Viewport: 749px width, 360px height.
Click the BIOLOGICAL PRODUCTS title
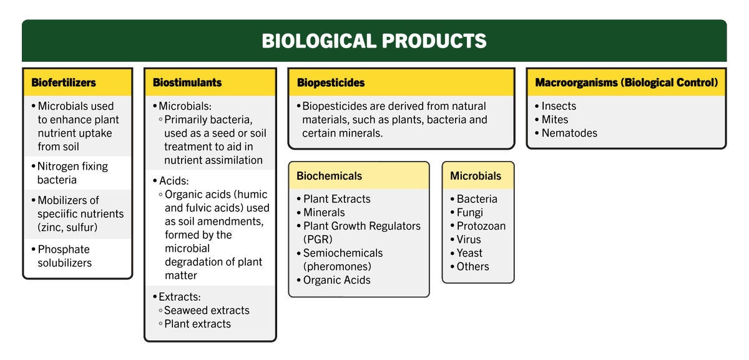click(x=374, y=41)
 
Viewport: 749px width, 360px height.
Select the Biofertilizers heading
click(x=64, y=82)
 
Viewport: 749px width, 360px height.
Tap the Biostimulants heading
click(x=187, y=82)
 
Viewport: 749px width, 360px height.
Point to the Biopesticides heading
click(x=331, y=82)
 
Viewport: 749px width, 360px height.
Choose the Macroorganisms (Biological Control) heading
click(x=627, y=82)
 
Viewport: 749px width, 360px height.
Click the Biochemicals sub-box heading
click(x=329, y=176)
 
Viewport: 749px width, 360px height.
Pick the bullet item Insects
click(x=559, y=106)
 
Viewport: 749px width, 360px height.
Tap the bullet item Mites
click(x=555, y=120)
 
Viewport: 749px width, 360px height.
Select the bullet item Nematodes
click(x=569, y=133)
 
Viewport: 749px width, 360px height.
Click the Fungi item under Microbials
click(x=469, y=213)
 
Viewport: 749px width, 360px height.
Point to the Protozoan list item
click(x=481, y=226)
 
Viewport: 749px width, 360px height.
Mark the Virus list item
click(x=469, y=240)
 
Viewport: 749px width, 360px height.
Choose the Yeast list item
click(x=469, y=253)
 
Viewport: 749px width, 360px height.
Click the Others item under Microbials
click(x=472, y=266)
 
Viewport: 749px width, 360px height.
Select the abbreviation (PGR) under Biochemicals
click(x=318, y=240)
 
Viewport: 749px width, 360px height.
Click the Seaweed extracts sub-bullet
click(x=207, y=311)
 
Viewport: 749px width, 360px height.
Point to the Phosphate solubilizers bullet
click(x=64, y=256)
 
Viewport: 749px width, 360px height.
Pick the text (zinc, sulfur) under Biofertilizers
click(x=67, y=228)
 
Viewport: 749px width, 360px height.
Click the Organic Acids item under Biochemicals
click(x=336, y=280)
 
